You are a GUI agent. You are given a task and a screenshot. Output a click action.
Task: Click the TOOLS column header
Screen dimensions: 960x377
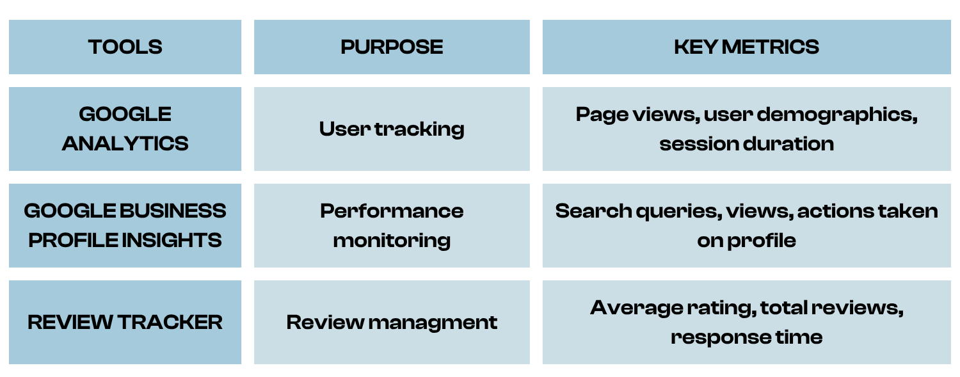125,47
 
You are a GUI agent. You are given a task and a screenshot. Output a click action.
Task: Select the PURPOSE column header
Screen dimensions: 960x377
392,47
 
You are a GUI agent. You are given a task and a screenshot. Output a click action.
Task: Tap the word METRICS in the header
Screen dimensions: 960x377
770,47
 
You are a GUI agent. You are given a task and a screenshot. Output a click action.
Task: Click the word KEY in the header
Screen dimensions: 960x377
696,47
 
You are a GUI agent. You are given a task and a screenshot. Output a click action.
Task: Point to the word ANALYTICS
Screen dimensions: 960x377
125,143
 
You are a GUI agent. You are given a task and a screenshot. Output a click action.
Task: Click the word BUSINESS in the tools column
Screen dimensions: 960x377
172,211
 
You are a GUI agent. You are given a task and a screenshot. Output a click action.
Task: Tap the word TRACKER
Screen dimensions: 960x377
170,322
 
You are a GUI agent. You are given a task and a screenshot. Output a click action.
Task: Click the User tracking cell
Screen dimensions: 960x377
392,129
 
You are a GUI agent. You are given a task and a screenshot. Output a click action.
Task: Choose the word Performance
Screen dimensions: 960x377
392,211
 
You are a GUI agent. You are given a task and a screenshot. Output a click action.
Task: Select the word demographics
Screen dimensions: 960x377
837,115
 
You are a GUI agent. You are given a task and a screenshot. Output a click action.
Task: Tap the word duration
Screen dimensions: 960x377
790,143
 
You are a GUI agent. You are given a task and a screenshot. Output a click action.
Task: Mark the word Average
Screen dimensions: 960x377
637,309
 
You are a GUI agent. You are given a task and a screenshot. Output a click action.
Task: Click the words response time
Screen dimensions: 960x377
747,337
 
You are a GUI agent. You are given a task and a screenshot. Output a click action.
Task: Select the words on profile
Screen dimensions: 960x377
747,241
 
